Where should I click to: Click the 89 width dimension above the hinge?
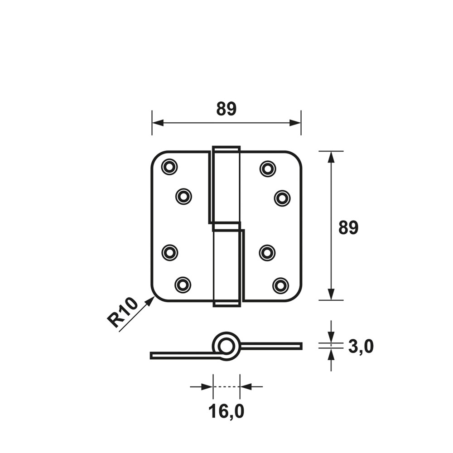click(226, 109)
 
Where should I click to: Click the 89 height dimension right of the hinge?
click(348, 227)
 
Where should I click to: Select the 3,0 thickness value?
click(361, 346)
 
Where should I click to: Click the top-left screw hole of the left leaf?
click(169, 167)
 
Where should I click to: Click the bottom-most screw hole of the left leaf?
click(183, 285)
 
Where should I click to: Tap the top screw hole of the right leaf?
click(268, 168)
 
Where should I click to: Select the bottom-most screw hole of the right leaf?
click(280, 285)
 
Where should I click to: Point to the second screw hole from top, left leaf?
click(184, 197)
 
